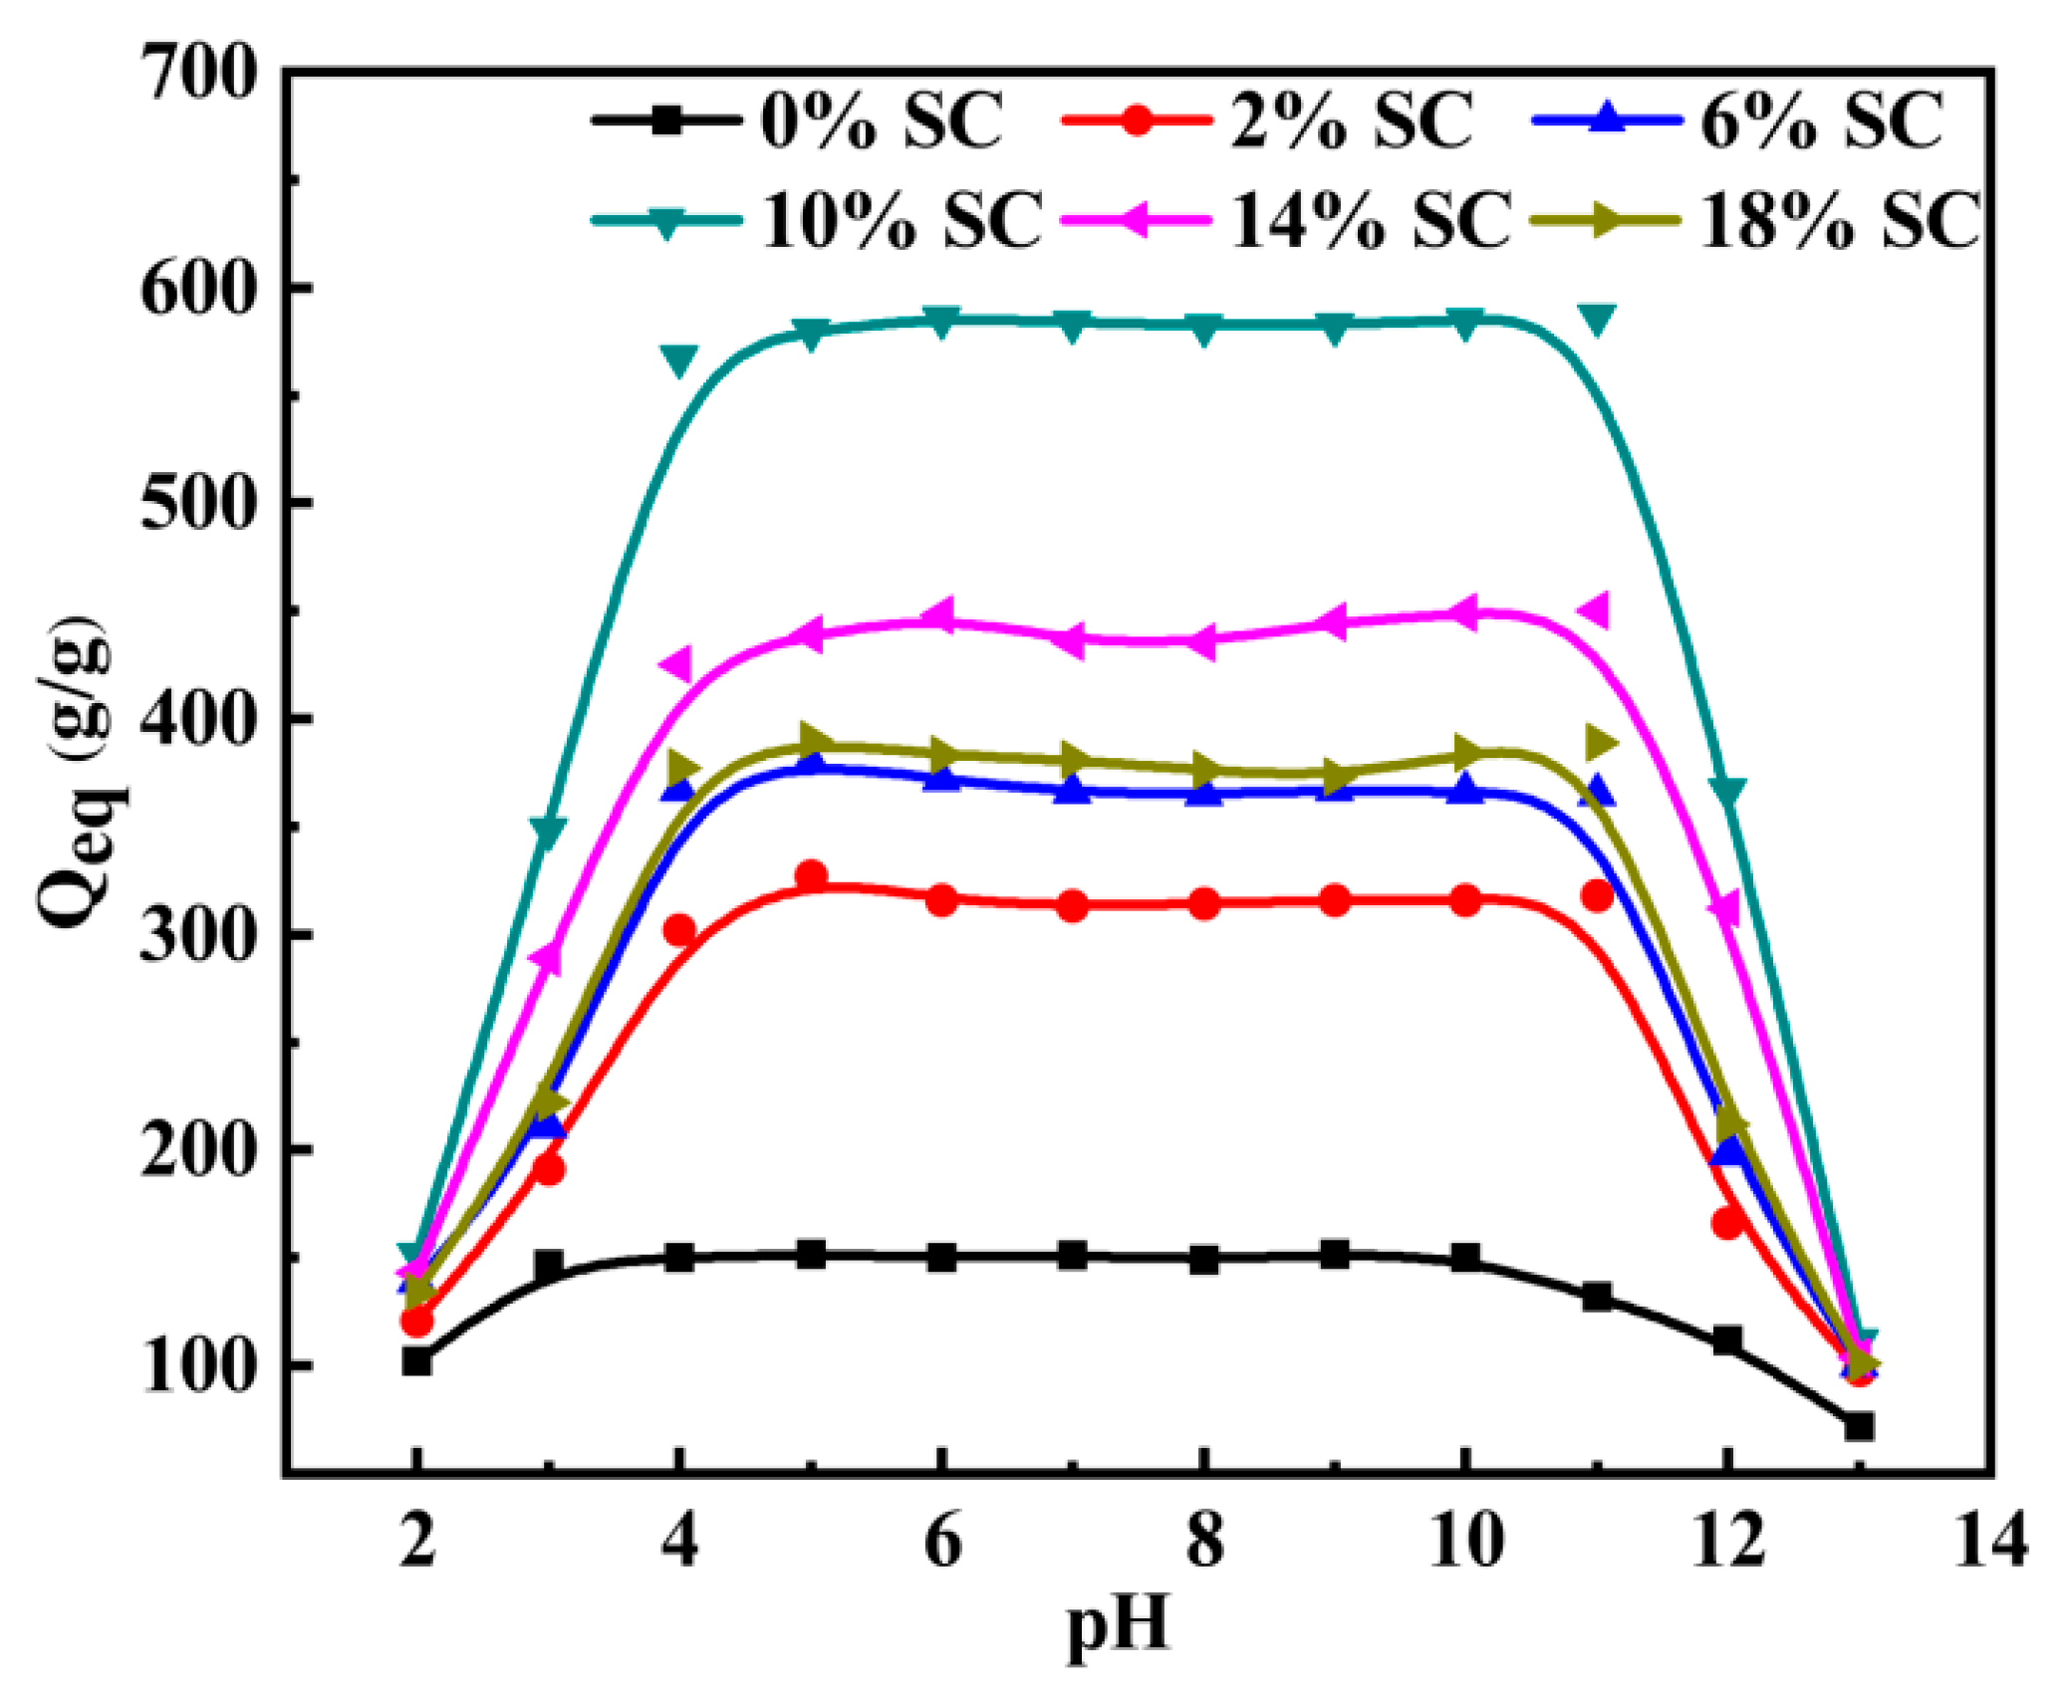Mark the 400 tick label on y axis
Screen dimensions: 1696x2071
[x=198, y=718]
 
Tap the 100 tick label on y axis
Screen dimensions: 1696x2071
[x=198, y=1366]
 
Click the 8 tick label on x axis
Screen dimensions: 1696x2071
[x=1204, y=1541]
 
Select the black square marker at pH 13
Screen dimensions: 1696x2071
[x=1859, y=1427]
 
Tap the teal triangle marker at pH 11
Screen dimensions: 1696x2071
[x=1597, y=320]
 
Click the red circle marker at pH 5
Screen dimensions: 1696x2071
[x=812, y=876]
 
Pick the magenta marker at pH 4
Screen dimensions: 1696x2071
[x=676, y=664]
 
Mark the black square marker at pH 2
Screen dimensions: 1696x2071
[x=416, y=1361]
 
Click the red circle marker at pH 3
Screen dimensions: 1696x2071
[x=549, y=1168]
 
